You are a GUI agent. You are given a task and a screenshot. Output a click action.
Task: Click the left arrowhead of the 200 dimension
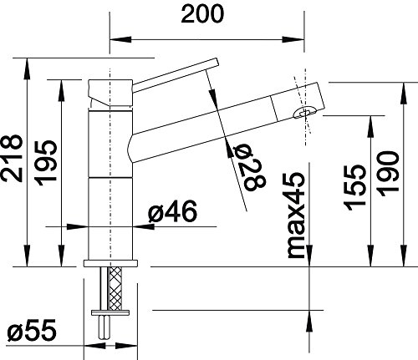(115, 38)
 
